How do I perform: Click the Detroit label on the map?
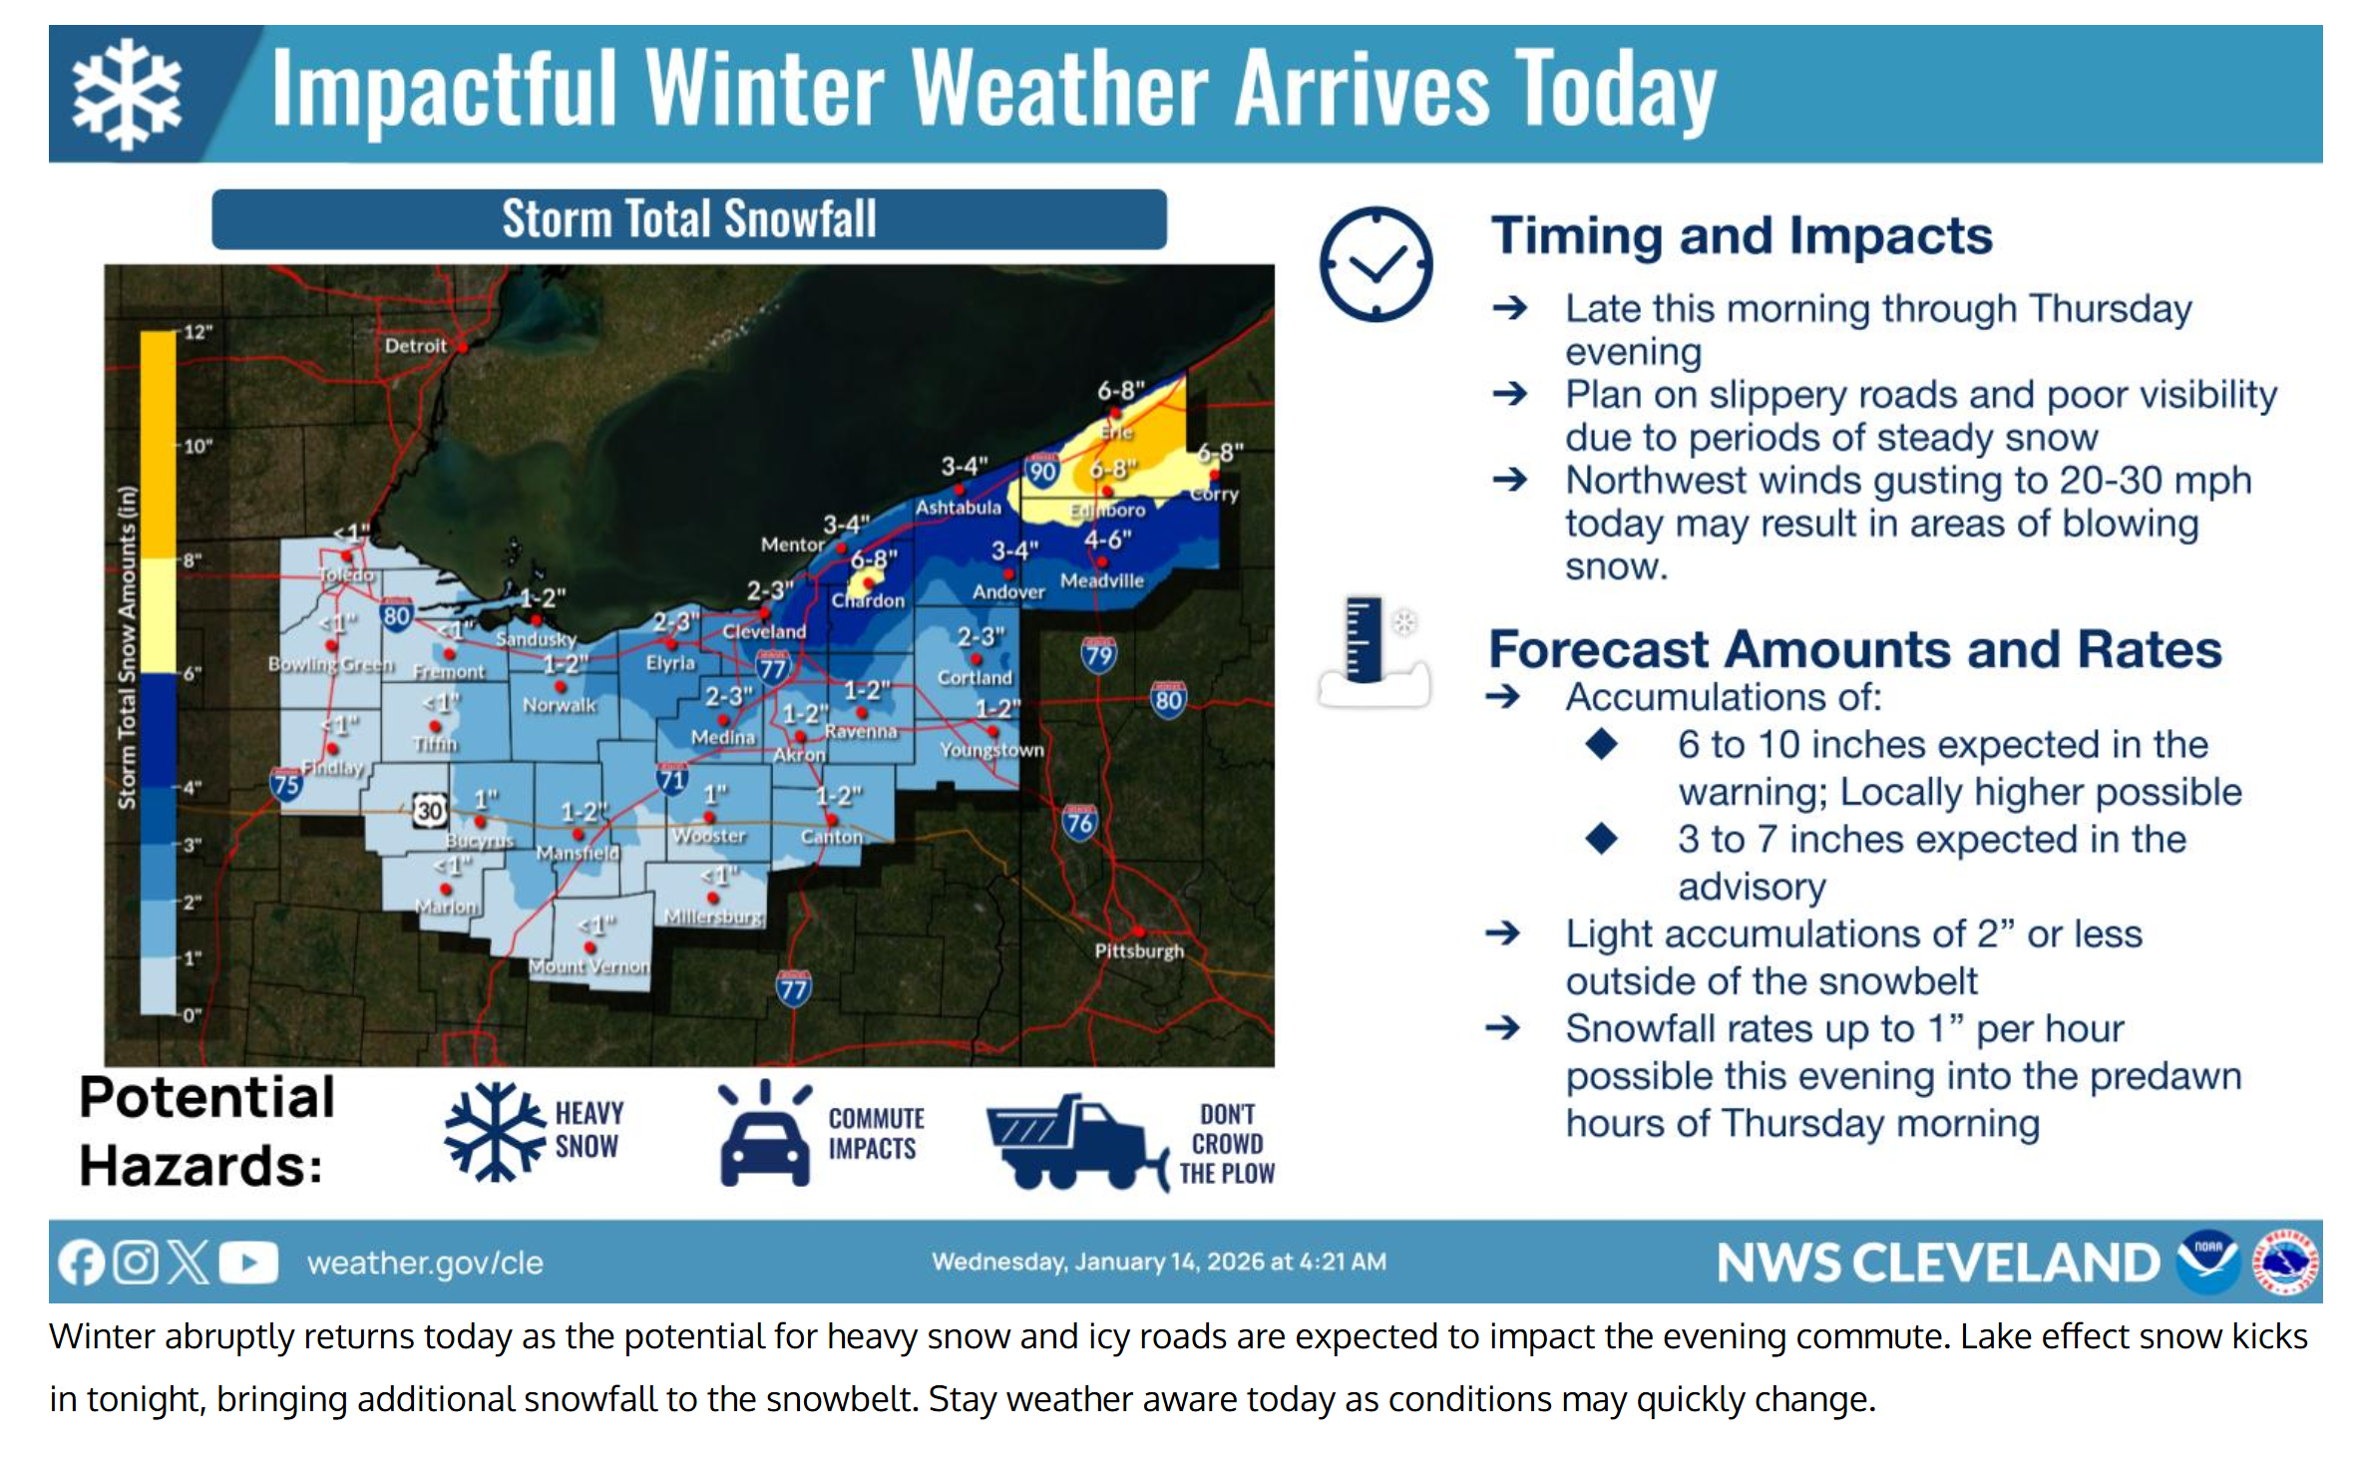(x=415, y=346)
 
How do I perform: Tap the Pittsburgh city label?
(x=1138, y=950)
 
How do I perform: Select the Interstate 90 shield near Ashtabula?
(x=1041, y=471)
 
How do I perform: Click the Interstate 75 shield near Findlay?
(x=285, y=784)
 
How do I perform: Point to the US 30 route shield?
(x=429, y=810)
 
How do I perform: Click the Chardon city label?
(x=868, y=600)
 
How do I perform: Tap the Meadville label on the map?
(x=1101, y=580)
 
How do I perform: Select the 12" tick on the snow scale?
(x=197, y=332)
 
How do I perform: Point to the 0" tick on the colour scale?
(x=191, y=1014)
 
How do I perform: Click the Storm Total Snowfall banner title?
(x=688, y=219)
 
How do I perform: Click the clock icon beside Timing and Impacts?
(x=1376, y=264)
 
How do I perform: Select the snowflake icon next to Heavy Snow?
(x=495, y=1132)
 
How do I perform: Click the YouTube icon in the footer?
(x=247, y=1263)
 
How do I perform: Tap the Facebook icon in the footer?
(x=81, y=1263)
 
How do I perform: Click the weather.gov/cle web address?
(x=425, y=1263)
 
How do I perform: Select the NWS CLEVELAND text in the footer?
(x=1937, y=1263)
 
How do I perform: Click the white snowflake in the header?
(x=127, y=95)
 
